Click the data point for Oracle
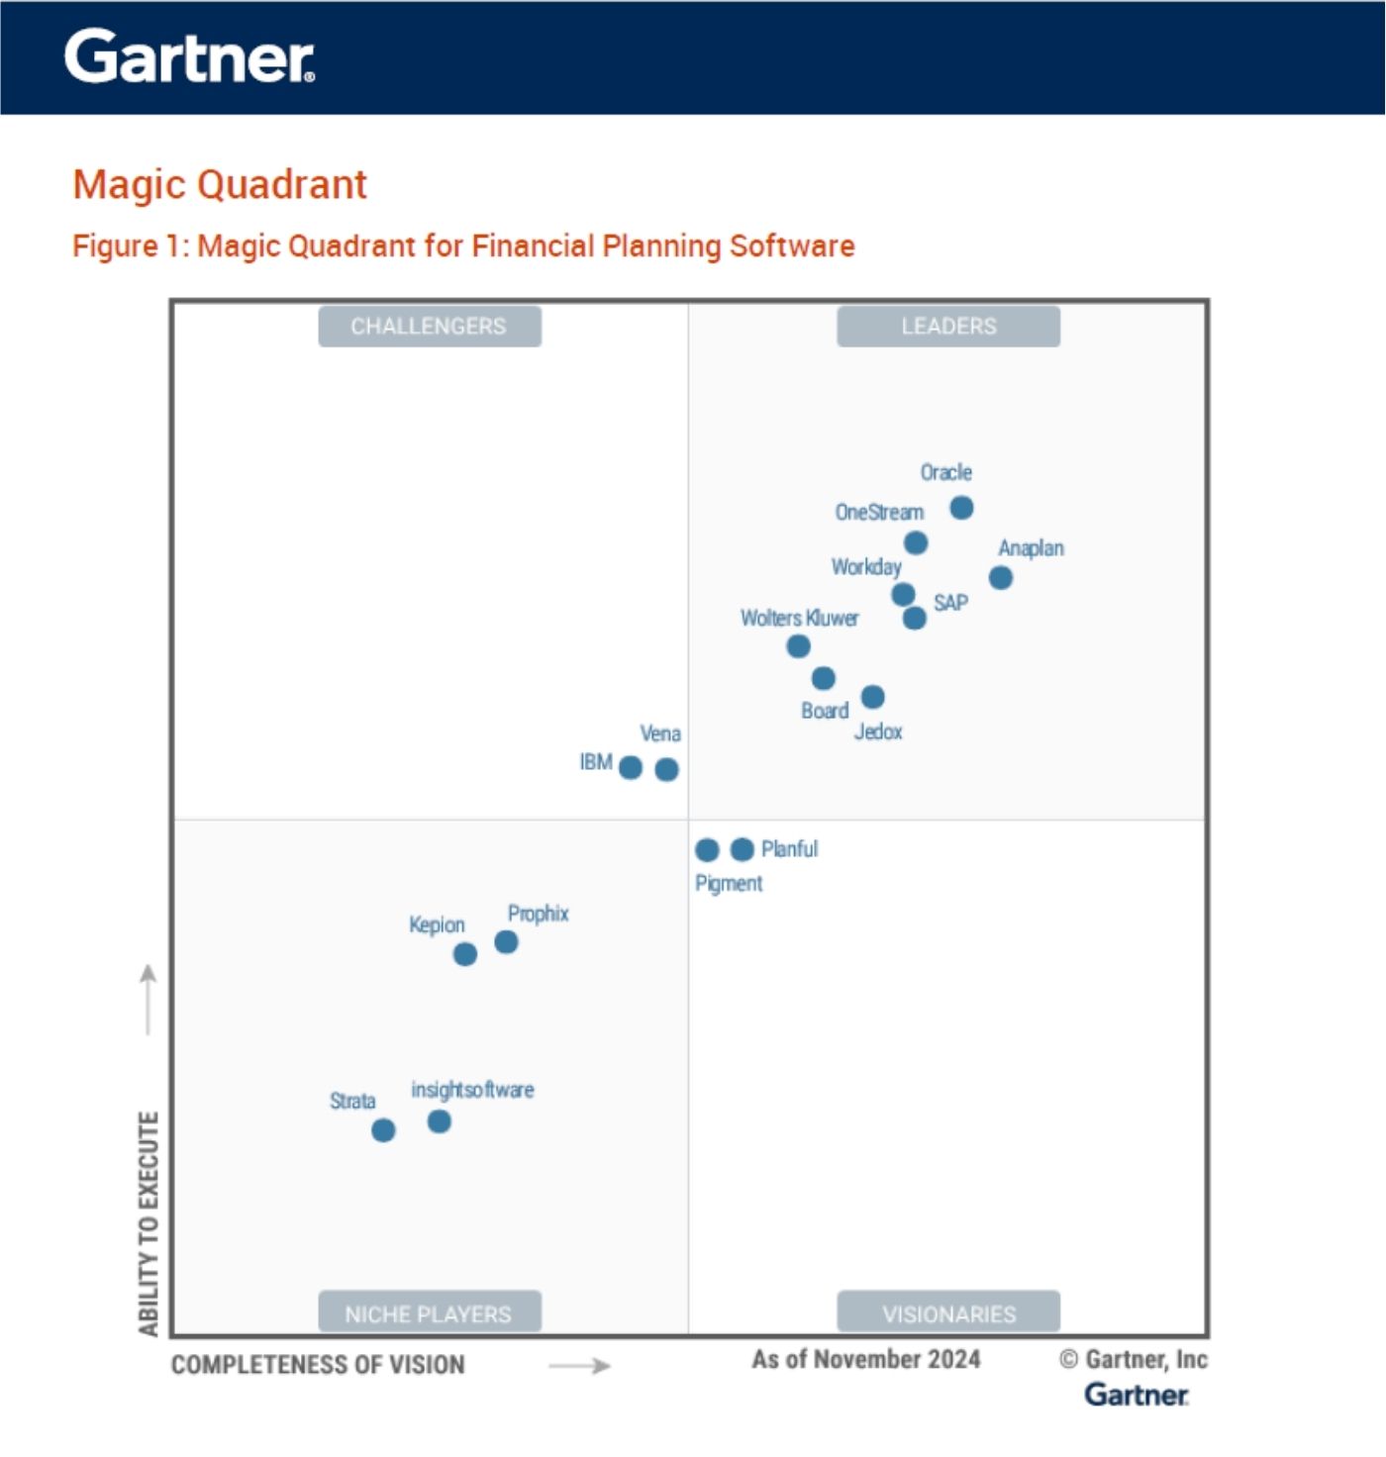tap(961, 508)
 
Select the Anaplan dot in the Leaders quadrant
tap(1001, 578)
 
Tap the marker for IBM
tap(631, 768)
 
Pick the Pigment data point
tap(707, 850)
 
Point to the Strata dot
tap(383, 1130)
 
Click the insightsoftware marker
tap(440, 1121)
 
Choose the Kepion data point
tap(465, 954)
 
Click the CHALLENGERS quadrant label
tap(429, 327)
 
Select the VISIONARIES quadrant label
tap(948, 1313)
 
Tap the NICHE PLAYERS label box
tap(429, 1313)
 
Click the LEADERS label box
tap(948, 327)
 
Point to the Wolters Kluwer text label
tap(799, 619)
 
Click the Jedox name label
tap(878, 732)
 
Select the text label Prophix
tap(538, 914)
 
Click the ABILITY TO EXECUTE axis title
tap(148, 1223)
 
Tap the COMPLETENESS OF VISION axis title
tap(318, 1365)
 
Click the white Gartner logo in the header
tap(189, 56)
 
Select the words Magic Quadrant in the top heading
tap(220, 185)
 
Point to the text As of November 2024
tap(866, 1359)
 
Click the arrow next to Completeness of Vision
tap(580, 1366)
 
